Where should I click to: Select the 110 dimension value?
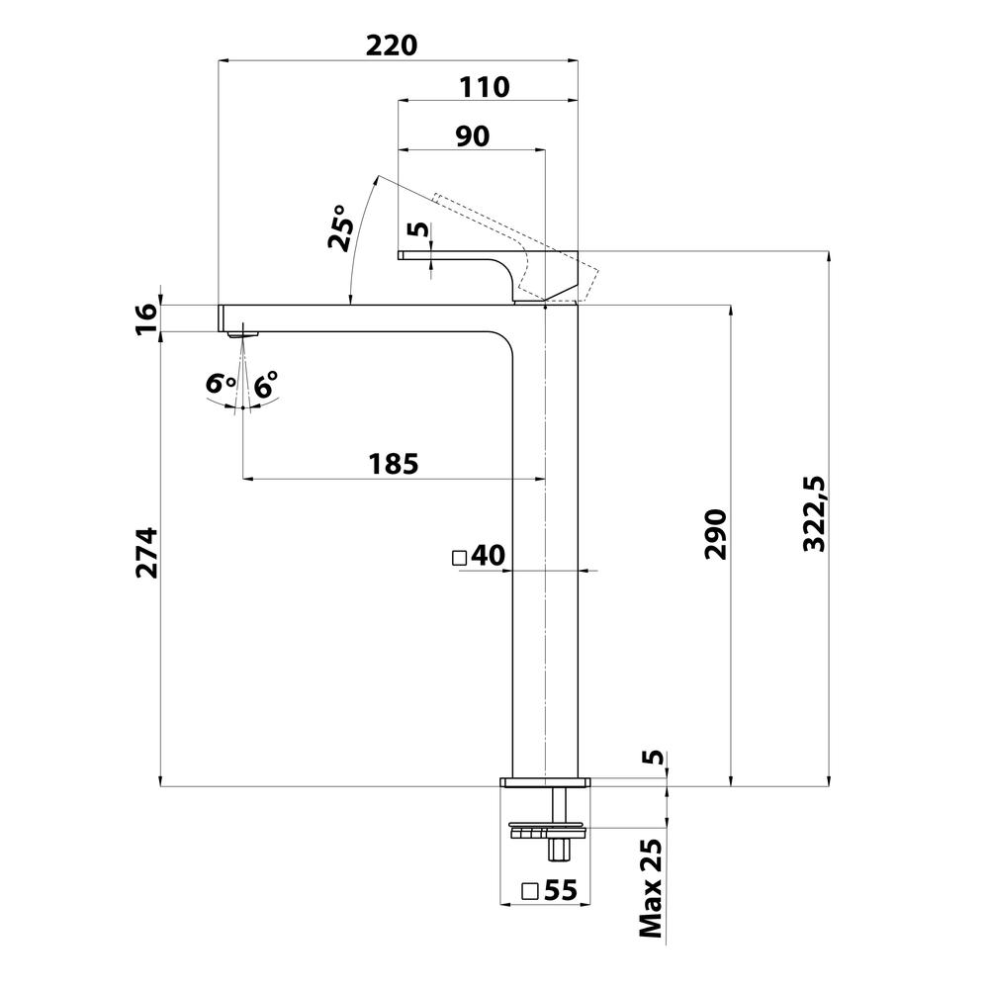pyautogui.click(x=484, y=87)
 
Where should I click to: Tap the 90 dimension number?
pyautogui.click(x=473, y=136)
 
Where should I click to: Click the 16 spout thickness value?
pyautogui.click(x=146, y=316)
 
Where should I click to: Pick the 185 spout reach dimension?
pyautogui.click(x=394, y=463)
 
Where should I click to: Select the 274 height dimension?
pyautogui.click(x=146, y=553)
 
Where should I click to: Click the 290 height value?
pyautogui.click(x=715, y=534)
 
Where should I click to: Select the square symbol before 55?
pyautogui.click(x=530, y=890)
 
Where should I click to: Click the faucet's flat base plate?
pyautogui.click(x=546, y=782)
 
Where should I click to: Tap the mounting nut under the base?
pyautogui.click(x=546, y=828)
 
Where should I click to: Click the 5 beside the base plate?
pyautogui.click(x=652, y=758)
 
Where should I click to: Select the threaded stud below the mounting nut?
pyautogui.click(x=561, y=849)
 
